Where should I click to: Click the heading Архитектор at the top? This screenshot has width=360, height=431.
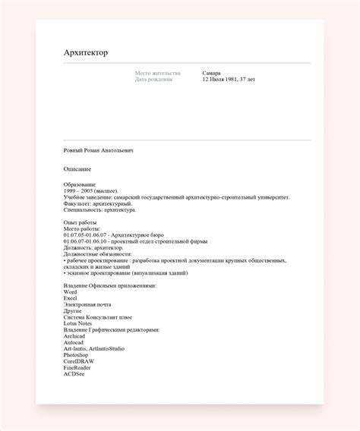(86, 52)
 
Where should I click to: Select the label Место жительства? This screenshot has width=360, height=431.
(157, 74)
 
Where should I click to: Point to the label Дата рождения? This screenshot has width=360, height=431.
(153, 80)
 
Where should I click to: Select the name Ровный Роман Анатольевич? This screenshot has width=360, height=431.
(99, 151)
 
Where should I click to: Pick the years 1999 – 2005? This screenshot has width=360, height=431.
(80, 191)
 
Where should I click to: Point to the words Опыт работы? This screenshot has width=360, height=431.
(80, 223)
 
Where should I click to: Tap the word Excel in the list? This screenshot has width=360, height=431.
(71, 299)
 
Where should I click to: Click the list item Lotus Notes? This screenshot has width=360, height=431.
(78, 324)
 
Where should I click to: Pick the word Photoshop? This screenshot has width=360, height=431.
(77, 354)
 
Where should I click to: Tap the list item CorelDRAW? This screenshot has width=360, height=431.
(79, 360)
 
